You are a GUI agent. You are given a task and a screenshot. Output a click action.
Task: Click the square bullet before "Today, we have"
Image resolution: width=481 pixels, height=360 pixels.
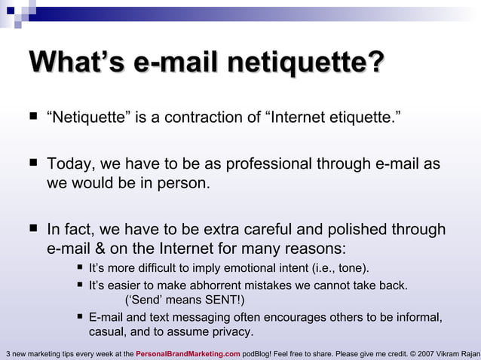tap(32, 163)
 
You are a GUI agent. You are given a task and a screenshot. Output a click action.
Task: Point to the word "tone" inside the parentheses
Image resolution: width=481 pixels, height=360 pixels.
tap(350, 269)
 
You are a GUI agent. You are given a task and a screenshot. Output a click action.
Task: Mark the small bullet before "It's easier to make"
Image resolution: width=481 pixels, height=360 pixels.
tap(80, 285)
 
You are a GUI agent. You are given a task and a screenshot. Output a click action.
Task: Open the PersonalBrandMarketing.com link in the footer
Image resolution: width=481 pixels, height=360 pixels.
tap(188, 353)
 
